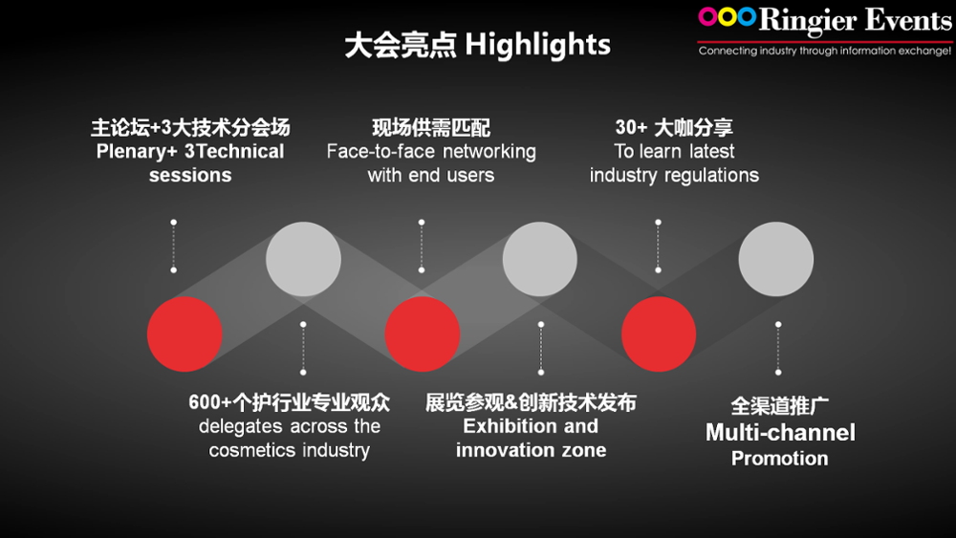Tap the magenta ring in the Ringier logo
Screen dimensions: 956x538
(x=707, y=17)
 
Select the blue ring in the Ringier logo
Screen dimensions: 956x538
(x=747, y=17)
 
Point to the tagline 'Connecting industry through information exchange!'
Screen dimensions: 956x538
(x=825, y=51)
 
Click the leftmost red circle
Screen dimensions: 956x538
(x=185, y=334)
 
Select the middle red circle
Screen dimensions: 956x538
(x=422, y=334)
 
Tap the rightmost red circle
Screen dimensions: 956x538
(x=659, y=334)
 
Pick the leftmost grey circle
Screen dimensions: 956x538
(x=303, y=259)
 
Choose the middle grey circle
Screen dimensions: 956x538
(x=539, y=259)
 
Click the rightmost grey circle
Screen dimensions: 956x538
(x=776, y=259)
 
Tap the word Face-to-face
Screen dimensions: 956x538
(x=380, y=151)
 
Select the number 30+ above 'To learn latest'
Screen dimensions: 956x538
(x=631, y=127)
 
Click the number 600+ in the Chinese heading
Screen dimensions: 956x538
(x=209, y=402)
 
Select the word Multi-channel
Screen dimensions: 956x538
(x=780, y=433)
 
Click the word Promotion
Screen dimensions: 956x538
(x=780, y=458)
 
